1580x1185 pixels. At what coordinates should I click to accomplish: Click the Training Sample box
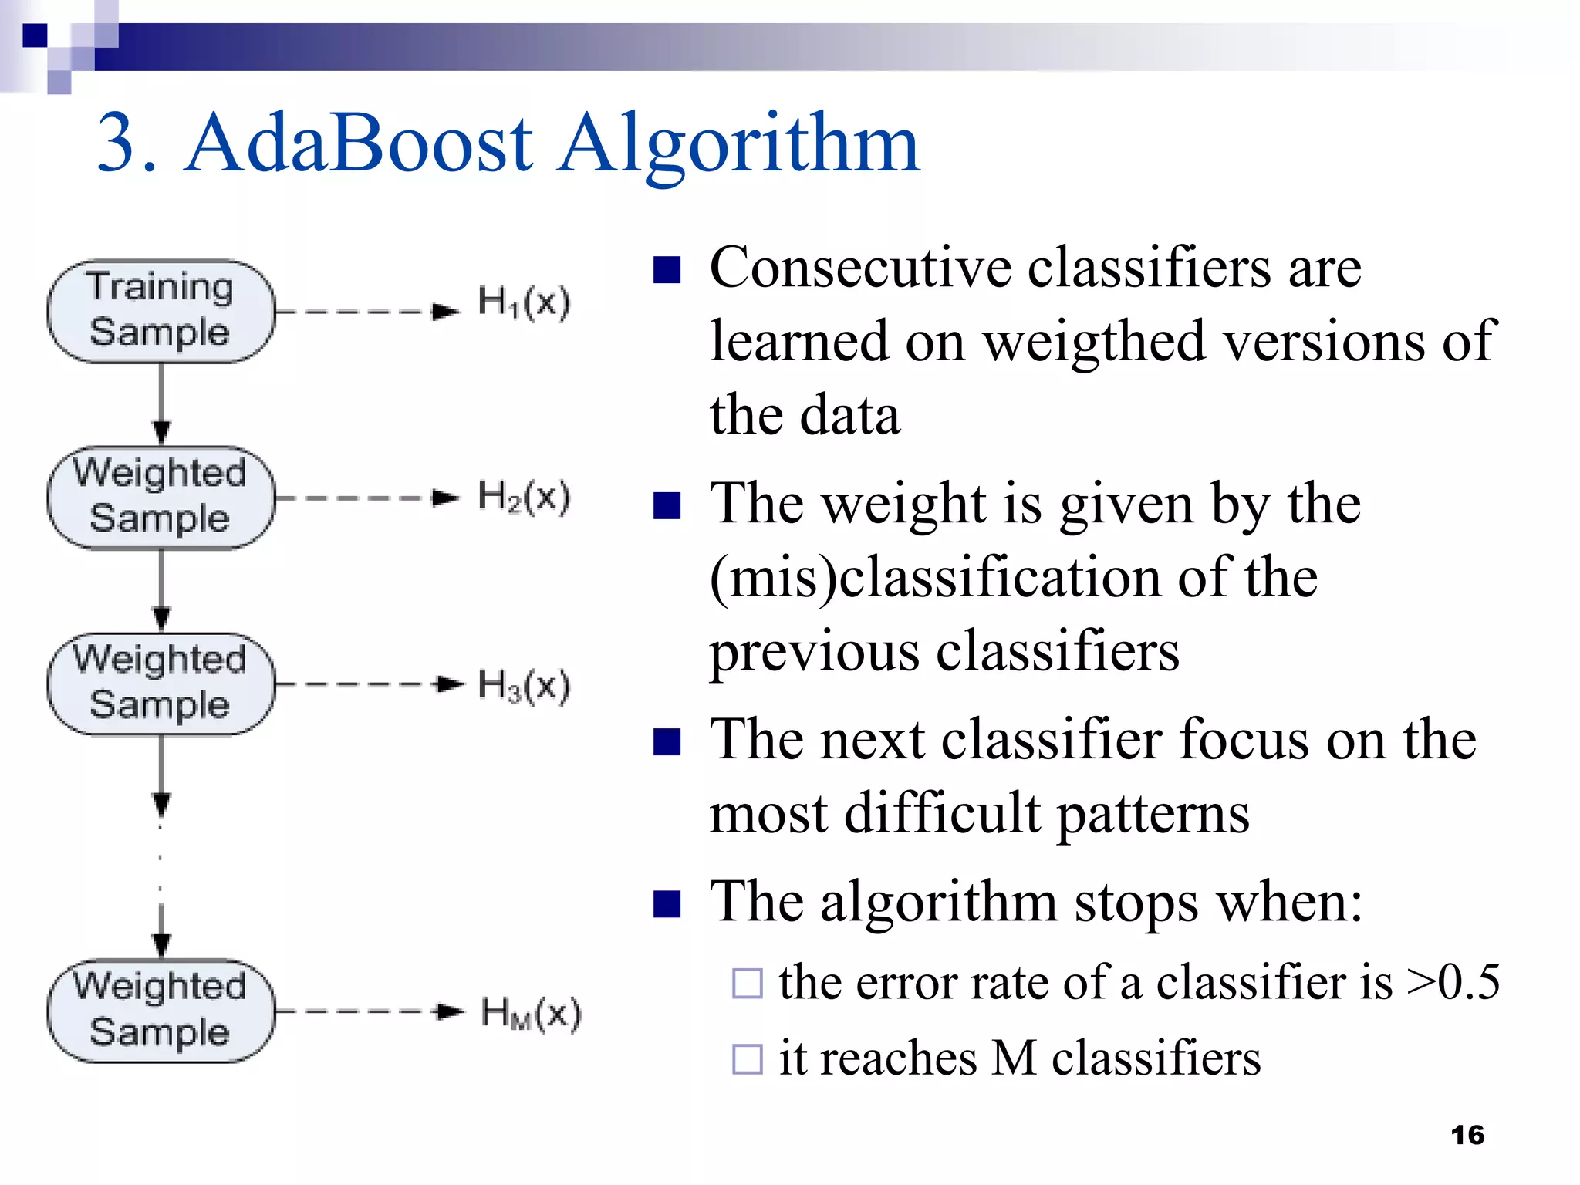(x=160, y=311)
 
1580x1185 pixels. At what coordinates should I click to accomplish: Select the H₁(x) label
(x=523, y=302)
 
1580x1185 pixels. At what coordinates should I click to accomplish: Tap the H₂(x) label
(x=523, y=496)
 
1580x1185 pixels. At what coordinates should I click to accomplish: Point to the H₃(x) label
(x=523, y=685)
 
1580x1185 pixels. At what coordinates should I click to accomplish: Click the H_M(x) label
(x=530, y=1013)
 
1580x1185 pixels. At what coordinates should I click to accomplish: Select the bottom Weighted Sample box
(x=160, y=1011)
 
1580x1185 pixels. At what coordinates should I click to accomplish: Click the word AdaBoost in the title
(x=358, y=143)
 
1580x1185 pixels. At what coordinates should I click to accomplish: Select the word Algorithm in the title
(x=738, y=143)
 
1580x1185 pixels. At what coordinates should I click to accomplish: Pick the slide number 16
(x=1467, y=1135)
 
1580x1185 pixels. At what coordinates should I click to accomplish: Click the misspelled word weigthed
(x=1094, y=341)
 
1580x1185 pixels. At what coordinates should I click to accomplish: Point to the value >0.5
(x=1453, y=982)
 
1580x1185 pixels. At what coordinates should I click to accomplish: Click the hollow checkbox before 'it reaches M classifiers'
(x=747, y=1058)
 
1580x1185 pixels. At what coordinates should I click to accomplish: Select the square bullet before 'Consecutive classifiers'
(x=667, y=270)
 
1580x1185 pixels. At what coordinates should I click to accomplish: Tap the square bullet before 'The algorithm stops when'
(x=667, y=903)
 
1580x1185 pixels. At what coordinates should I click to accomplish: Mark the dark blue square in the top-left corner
(x=35, y=35)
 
